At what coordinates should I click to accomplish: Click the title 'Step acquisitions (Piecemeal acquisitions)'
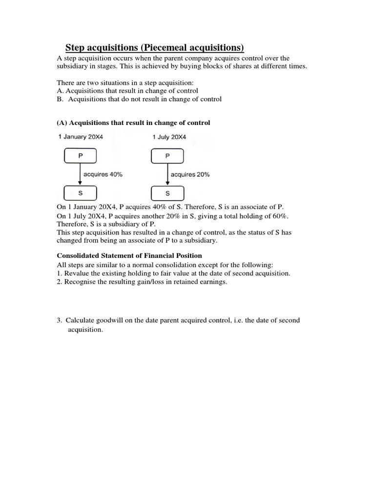154,47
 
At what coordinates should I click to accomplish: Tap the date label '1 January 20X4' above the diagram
81,137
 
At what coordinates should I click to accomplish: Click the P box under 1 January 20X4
81,156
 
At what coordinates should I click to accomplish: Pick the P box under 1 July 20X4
168,156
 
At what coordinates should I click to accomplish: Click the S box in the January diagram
81,193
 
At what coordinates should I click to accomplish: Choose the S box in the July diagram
168,193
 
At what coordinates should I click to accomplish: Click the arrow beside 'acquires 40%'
81,174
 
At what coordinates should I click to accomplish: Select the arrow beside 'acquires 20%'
168,174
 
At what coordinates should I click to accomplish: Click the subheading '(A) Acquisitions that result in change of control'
133,123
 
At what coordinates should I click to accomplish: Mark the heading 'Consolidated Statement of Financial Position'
129,255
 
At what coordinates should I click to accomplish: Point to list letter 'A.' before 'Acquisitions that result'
61,91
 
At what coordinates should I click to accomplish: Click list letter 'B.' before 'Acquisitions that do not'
61,99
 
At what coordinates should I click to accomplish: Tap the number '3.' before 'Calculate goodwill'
59,320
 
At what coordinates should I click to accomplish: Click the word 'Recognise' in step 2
79,282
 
